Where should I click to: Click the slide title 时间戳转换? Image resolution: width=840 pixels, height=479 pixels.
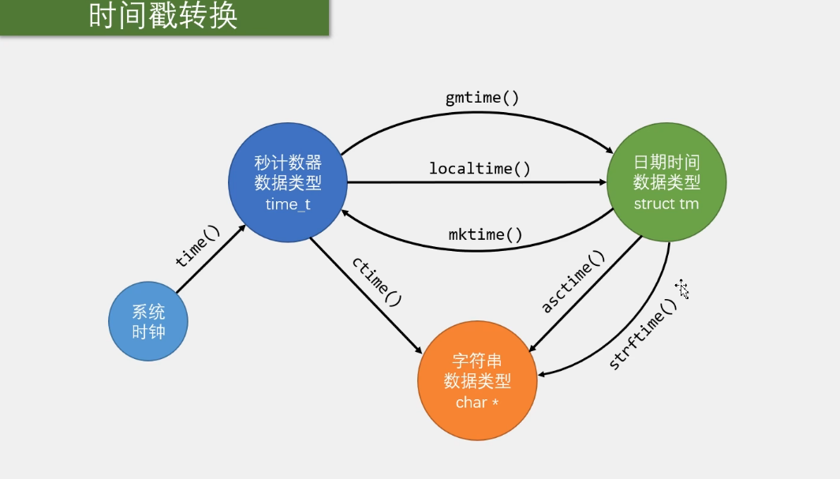click(x=162, y=17)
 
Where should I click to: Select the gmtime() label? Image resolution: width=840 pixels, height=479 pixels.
click(x=482, y=99)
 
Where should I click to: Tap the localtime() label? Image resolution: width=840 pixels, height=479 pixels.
click(x=480, y=168)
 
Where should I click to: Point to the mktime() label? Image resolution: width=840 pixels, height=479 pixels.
click(x=486, y=234)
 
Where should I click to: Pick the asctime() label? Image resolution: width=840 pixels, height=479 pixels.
click(x=573, y=282)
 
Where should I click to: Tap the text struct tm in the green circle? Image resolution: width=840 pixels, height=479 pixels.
click(x=666, y=204)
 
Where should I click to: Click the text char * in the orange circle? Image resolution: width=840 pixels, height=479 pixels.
click(x=477, y=402)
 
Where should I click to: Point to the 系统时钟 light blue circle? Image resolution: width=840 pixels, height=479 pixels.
click(x=148, y=321)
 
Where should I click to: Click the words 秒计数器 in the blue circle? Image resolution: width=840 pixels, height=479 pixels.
click(x=288, y=163)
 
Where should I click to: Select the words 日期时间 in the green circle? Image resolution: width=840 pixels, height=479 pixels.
click(x=666, y=163)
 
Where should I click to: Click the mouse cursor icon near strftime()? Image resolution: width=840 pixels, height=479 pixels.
click(x=681, y=289)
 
